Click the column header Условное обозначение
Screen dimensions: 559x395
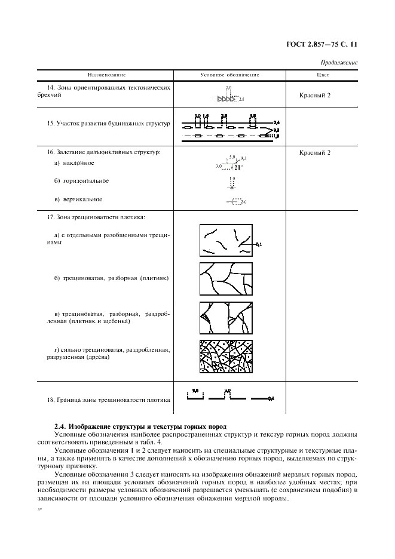[x=229, y=75]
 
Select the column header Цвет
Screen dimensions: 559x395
[x=322, y=75]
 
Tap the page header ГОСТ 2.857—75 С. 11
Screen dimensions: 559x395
[x=322, y=44]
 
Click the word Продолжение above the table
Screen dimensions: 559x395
[x=339, y=62]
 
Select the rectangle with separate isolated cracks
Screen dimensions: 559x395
[x=225, y=240]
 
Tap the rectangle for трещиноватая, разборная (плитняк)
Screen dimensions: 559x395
[x=225, y=278]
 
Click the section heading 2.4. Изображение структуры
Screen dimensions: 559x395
[x=140, y=426]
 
